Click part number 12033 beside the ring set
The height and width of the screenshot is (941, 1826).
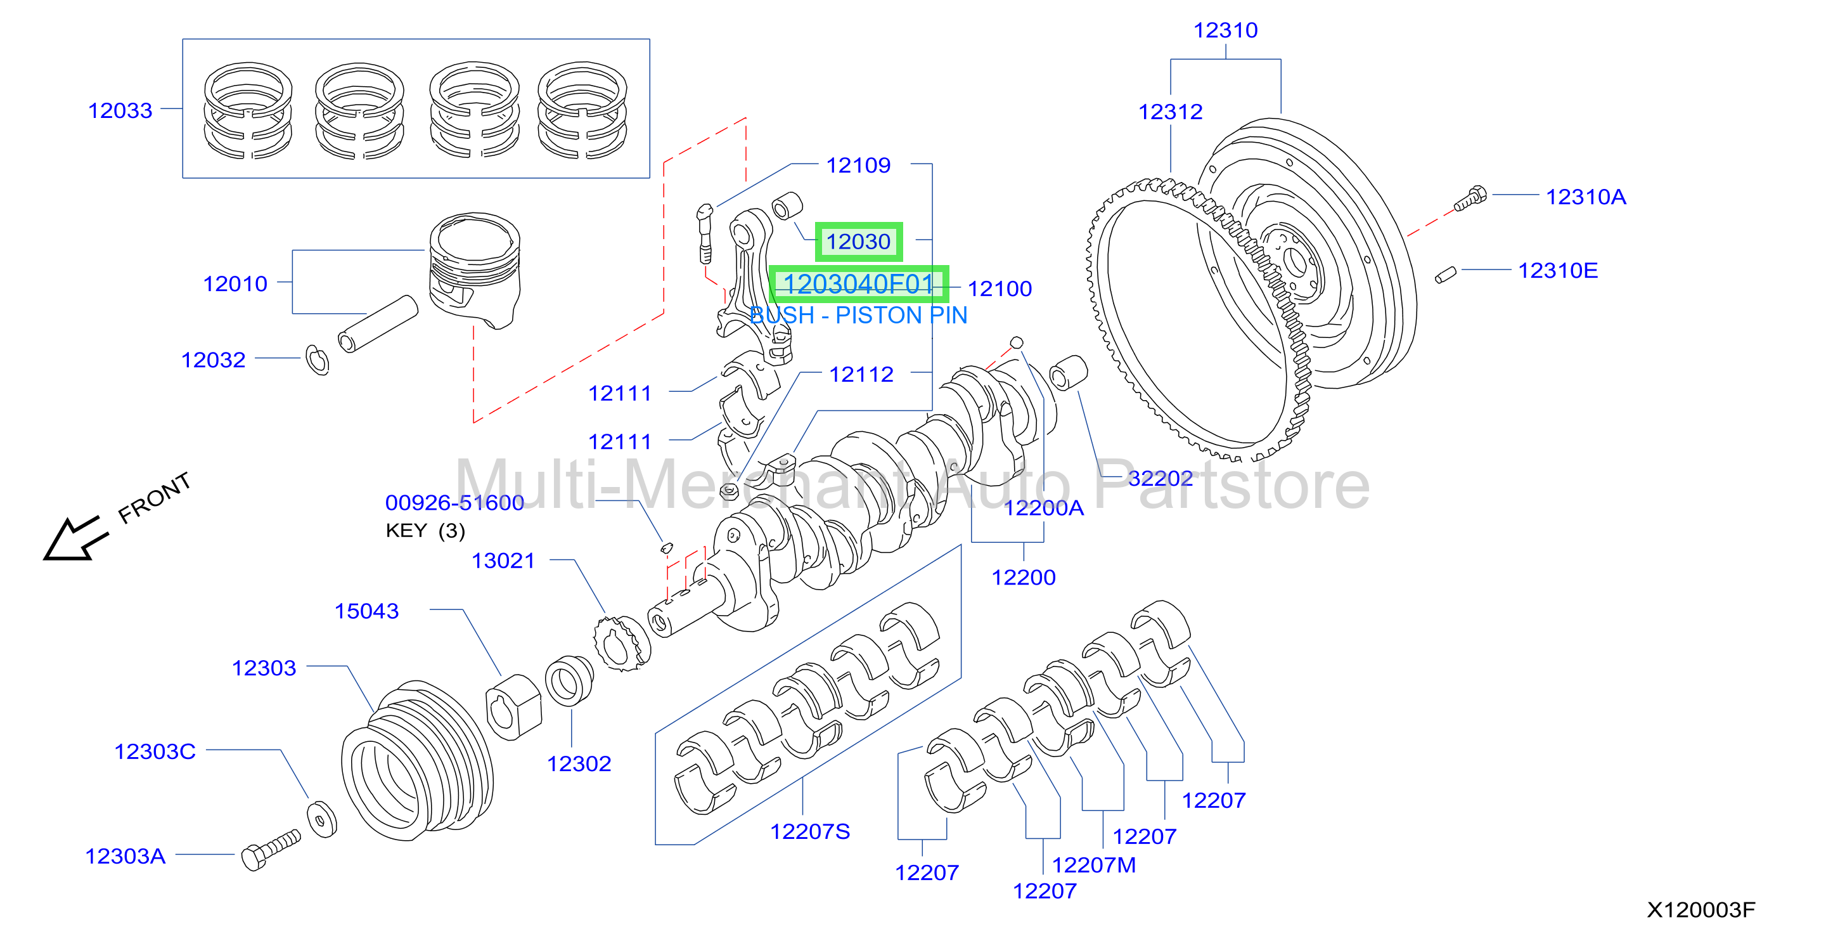click(x=120, y=110)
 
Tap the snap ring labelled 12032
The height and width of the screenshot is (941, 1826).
click(x=317, y=360)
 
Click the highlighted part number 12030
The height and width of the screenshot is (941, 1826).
click(x=858, y=242)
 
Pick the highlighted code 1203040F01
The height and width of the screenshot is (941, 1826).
click(x=858, y=283)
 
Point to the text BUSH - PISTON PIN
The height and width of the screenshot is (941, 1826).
click(x=858, y=315)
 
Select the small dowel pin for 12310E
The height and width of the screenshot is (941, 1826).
click(x=1445, y=275)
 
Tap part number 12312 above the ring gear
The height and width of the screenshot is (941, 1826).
click(x=1170, y=112)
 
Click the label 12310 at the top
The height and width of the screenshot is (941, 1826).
click(x=1226, y=30)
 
